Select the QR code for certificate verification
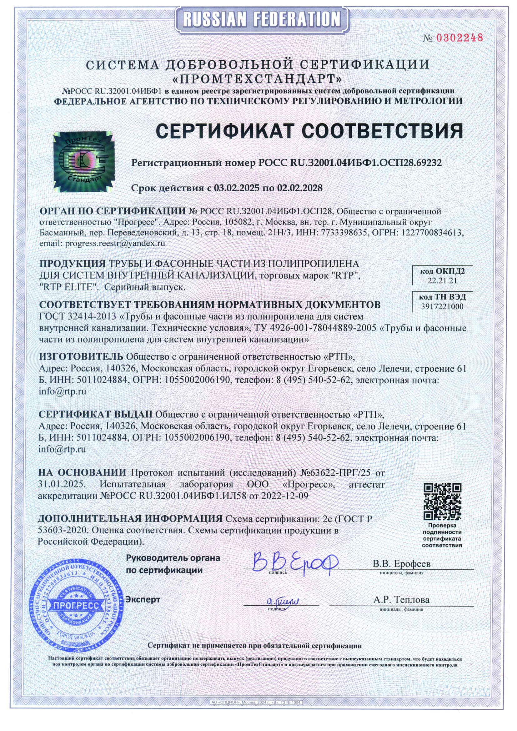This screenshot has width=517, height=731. (443, 502)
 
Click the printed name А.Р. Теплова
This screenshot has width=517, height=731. (401, 600)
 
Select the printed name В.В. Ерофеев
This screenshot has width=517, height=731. (401, 564)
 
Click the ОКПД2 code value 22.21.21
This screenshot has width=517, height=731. (442, 280)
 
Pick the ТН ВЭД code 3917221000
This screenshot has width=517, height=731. (442, 306)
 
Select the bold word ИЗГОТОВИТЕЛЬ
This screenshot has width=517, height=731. (81, 356)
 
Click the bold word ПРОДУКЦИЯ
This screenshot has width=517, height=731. (72, 264)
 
